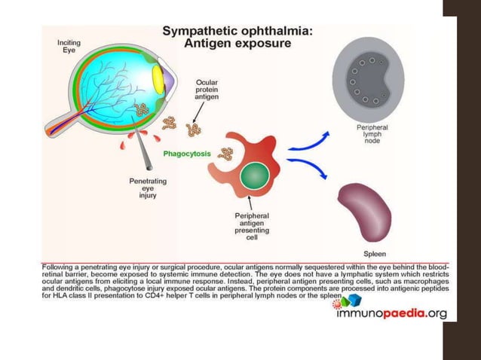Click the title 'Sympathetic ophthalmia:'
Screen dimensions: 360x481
point(241,31)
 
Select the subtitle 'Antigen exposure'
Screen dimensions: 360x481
point(241,44)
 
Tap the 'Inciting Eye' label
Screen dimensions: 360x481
point(70,47)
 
